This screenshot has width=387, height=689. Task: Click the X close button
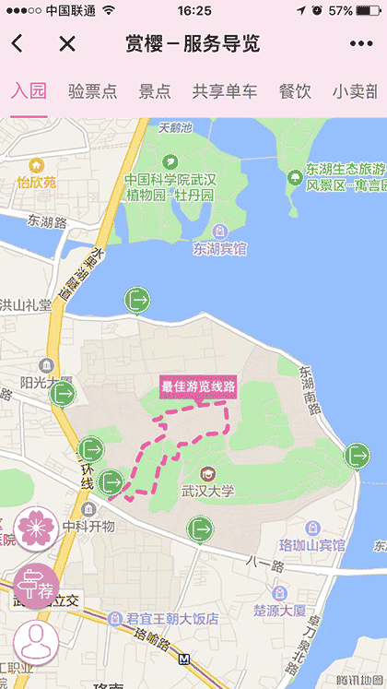[x=66, y=43]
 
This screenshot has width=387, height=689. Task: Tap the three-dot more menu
[x=361, y=43]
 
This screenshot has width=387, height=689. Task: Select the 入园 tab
[x=28, y=91]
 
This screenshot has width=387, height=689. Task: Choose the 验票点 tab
[x=93, y=91]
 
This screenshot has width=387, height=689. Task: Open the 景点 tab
[x=155, y=91]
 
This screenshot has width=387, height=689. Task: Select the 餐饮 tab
[x=295, y=91]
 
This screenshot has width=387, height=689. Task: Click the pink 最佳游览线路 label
[x=198, y=386]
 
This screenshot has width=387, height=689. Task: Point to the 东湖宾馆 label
[x=219, y=248]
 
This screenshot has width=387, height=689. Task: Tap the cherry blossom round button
[x=36, y=529]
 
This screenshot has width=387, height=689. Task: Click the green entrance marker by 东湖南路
[x=357, y=455]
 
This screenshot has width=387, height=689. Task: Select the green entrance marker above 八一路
[x=199, y=529]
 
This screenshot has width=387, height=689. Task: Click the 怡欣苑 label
[x=36, y=182]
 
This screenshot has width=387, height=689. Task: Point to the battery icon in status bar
[x=368, y=11]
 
